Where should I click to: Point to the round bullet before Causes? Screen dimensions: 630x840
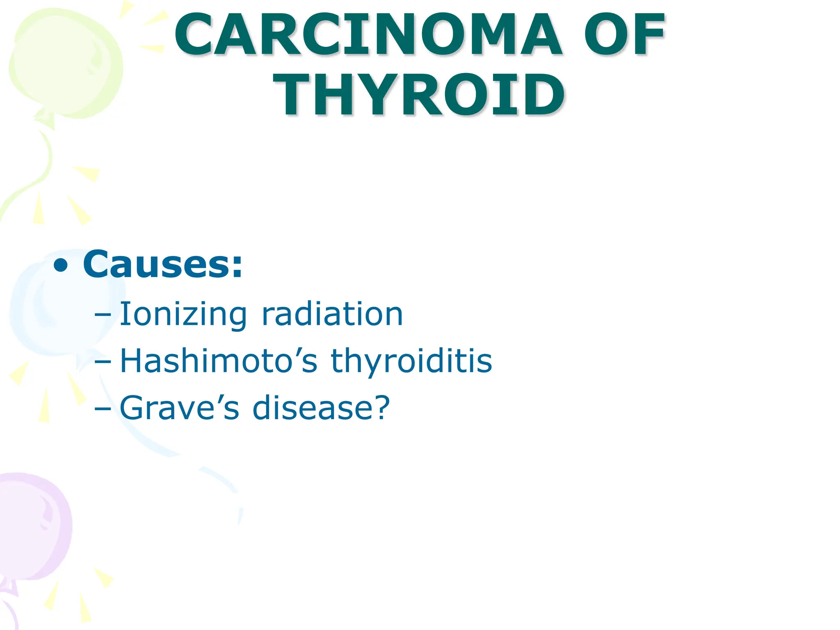(x=61, y=265)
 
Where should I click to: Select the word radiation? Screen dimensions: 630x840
(x=332, y=315)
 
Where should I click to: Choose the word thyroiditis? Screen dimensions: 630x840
(x=411, y=361)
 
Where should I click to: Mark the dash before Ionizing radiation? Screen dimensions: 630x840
(x=103, y=315)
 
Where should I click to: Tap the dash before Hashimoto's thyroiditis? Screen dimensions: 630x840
(x=103, y=362)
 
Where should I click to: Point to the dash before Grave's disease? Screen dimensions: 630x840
(x=103, y=409)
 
